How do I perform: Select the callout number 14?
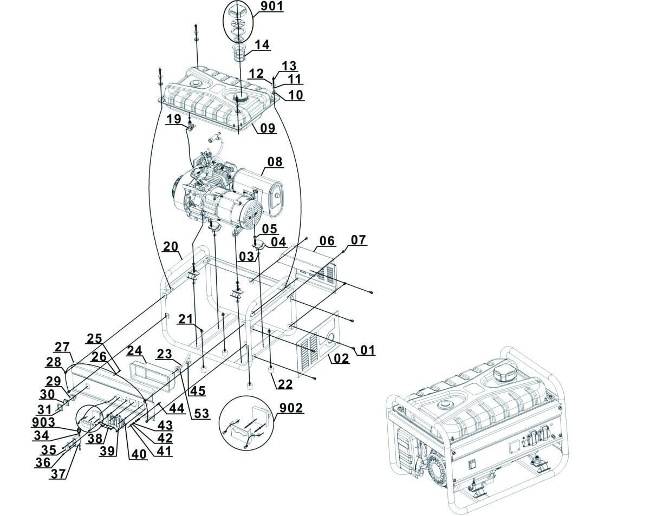pos(262,45)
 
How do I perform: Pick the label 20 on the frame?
pos(171,246)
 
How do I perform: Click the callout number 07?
pos(358,239)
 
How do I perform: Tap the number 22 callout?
pos(285,384)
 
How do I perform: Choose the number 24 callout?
pos(134,351)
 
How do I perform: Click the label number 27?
pos(62,347)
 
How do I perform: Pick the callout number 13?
pos(289,66)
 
